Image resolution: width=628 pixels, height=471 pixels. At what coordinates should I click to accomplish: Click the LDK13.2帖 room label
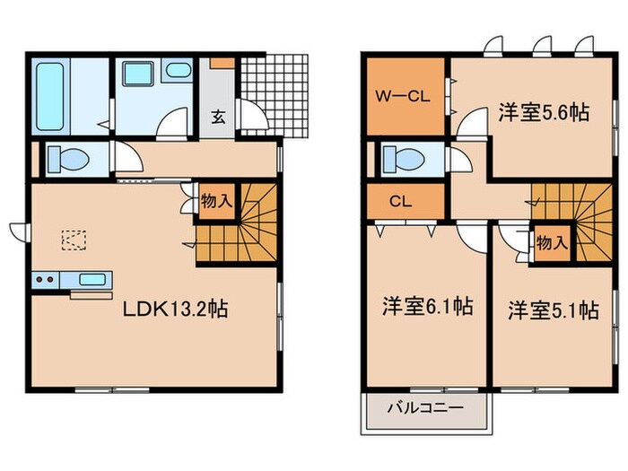[176, 310]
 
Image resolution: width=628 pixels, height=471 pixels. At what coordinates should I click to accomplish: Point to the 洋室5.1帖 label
[554, 310]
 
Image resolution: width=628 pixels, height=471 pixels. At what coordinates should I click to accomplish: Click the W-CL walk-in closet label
[405, 96]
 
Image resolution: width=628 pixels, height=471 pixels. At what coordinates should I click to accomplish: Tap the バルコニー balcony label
[425, 408]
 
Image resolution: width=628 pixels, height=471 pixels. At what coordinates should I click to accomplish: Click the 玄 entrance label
[218, 115]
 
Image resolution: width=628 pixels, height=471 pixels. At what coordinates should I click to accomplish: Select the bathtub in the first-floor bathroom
[52, 93]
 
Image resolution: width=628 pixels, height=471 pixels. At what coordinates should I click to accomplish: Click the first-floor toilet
[68, 160]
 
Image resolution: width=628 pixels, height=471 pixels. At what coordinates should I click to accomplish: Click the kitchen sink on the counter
[92, 279]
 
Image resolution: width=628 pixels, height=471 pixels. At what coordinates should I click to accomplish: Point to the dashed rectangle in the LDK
[74, 240]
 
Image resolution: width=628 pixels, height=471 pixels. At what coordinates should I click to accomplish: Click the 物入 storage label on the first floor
[216, 201]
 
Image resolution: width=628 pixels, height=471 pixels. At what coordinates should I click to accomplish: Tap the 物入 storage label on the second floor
[551, 242]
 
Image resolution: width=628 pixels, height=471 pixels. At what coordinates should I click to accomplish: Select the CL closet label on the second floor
[400, 201]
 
